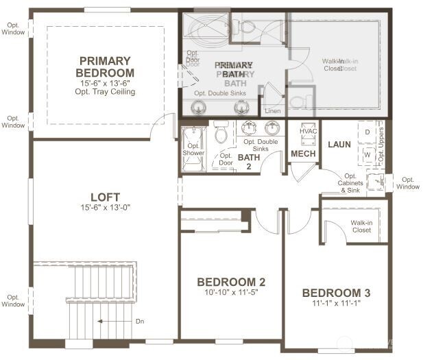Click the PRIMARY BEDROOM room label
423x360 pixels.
pyautogui.click(x=106, y=67)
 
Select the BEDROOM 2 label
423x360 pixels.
pyautogui.click(x=231, y=282)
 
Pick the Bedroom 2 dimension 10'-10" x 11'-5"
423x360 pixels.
pyautogui.click(x=231, y=292)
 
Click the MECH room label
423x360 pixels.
pyautogui.click(x=303, y=154)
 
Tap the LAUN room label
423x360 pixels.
pyautogui.click(x=339, y=145)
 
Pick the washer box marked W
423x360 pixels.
pyautogui.click(x=367, y=154)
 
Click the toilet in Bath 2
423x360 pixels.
pyautogui.click(x=221, y=132)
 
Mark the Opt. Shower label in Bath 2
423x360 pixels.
pyautogui.click(x=193, y=149)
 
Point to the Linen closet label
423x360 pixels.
pyautogui.click(x=272, y=110)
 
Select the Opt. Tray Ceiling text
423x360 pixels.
pyautogui.click(x=106, y=92)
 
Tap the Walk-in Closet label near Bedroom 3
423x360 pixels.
pyautogui.click(x=361, y=226)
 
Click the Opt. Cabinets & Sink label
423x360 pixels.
pyautogui.click(x=350, y=182)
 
